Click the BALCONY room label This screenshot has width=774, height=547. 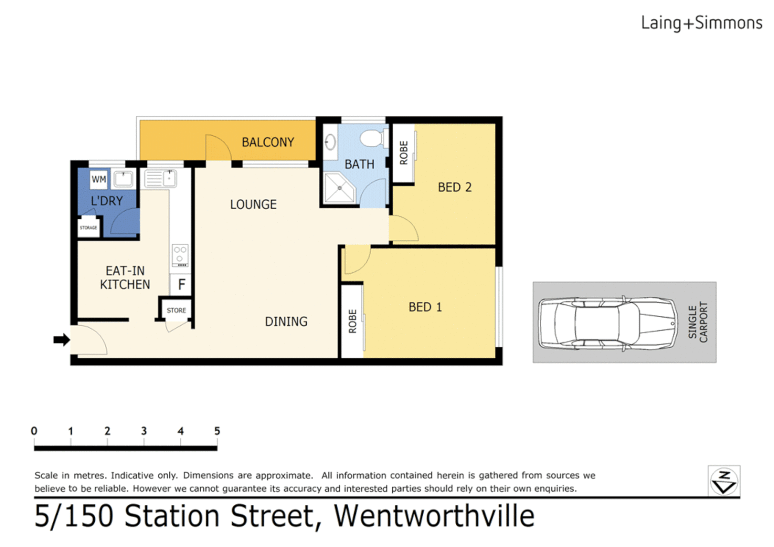click(x=268, y=142)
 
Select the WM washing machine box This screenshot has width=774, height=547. click(x=99, y=179)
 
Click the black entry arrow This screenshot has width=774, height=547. click(x=61, y=339)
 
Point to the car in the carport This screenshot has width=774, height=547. click(x=608, y=323)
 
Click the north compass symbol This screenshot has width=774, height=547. click(x=724, y=481)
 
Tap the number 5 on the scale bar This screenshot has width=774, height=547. click(x=217, y=431)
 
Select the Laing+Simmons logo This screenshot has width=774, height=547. click(x=702, y=23)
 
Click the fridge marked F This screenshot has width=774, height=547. click(x=181, y=285)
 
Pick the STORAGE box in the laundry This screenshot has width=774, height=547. click(x=89, y=227)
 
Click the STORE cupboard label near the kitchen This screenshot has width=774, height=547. click(x=176, y=310)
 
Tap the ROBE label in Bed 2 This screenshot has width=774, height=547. click(x=404, y=153)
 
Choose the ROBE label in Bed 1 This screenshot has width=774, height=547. click(x=353, y=321)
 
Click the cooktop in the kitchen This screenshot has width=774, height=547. click(x=180, y=255)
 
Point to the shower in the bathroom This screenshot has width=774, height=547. click(x=339, y=188)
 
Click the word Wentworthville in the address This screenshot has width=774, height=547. click(x=434, y=516)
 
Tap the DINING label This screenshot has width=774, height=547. click(x=286, y=322)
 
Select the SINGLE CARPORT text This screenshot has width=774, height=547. click(x=697, y=322)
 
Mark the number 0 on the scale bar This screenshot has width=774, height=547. click(x=34, y=431)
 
